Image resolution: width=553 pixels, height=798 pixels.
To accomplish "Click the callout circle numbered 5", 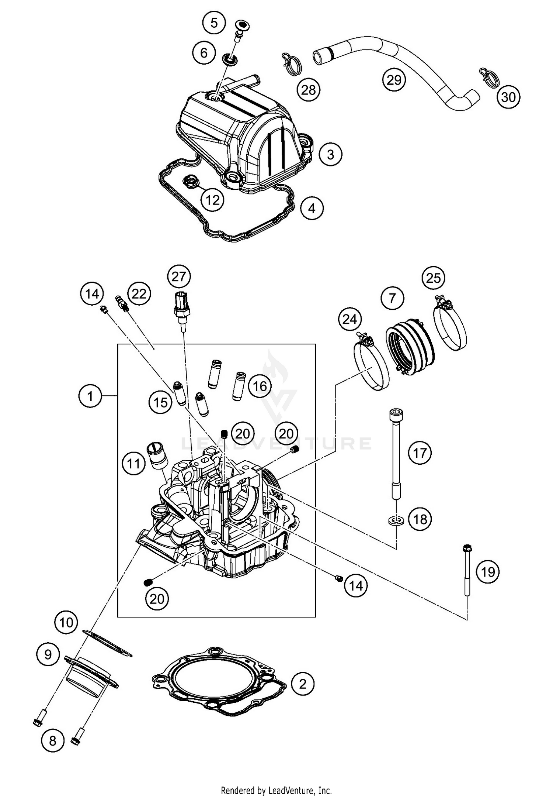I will [214, 23].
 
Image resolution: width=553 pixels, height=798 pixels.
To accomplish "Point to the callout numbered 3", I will [330, 154].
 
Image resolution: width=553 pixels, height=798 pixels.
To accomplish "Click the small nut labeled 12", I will [191, 181].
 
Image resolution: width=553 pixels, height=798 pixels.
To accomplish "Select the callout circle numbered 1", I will [90, 396].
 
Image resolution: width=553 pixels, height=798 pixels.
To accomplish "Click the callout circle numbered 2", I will [302, 684].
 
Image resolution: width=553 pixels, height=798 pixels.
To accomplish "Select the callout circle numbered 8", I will [52, 740].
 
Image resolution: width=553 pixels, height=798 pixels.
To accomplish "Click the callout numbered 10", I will [66, 623].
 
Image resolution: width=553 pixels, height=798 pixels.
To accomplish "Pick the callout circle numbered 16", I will [260, 386].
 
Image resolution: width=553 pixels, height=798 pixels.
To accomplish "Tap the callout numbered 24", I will [350, 319].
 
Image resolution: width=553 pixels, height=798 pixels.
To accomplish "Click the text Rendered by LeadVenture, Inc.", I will [276, 791].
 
